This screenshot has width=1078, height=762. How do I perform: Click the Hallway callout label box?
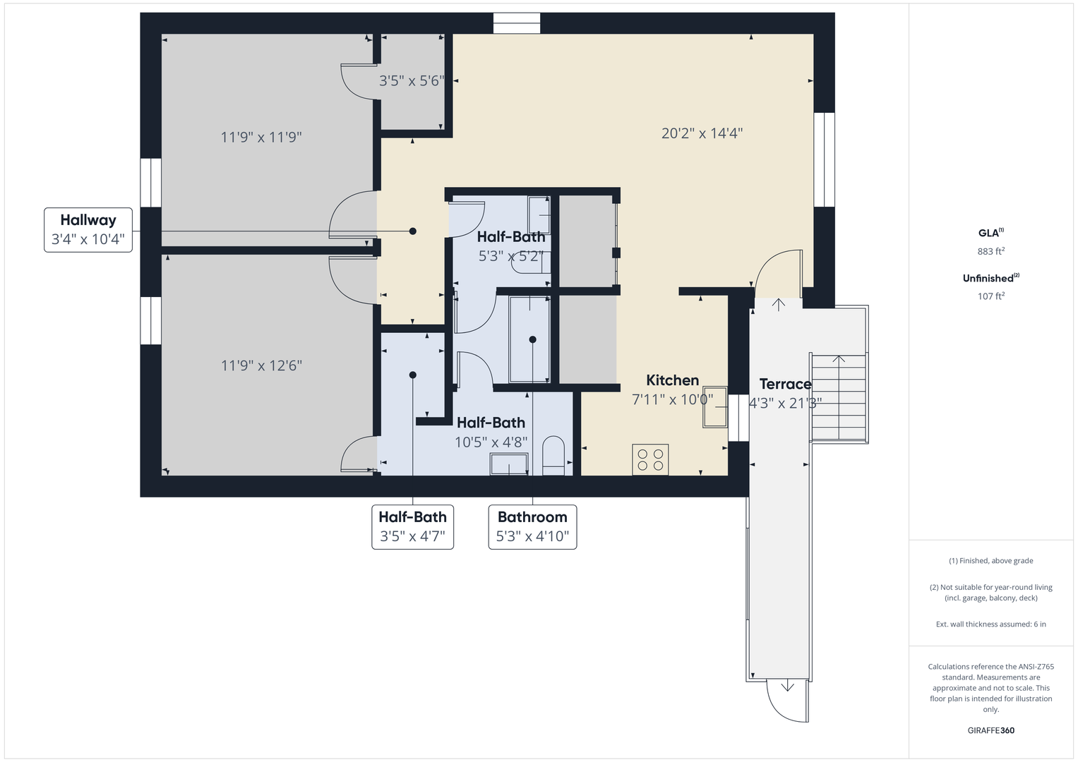coord(88,230)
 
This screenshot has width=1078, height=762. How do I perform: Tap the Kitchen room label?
coord(672,380)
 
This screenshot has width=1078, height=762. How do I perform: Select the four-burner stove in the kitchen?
coord(650,459)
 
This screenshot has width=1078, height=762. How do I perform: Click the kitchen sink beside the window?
coord(715,407)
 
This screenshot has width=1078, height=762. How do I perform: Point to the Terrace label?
coord(786,384)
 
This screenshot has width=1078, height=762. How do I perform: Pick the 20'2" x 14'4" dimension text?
coord(702,133)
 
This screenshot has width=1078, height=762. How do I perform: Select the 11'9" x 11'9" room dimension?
coord(261,138)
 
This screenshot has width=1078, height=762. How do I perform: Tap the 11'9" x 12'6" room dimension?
coord(261,365)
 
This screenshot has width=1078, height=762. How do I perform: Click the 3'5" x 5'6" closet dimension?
coord(412,81)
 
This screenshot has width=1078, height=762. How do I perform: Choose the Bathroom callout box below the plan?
coord(533,527)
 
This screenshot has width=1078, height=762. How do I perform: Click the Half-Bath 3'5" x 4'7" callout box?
coord(412,527)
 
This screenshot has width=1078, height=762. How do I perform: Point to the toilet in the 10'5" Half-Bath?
coord(553,456)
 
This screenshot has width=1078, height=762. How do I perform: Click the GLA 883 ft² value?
coord(991,251)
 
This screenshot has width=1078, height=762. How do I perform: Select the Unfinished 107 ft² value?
coord(991,296)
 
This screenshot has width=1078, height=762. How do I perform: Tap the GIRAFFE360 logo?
coord(991,730)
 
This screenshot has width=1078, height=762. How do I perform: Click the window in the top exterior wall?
coord(517,23)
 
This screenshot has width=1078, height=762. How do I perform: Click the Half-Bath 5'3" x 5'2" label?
coord(511,246)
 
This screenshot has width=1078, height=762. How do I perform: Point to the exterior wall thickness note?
coord(991,624)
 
